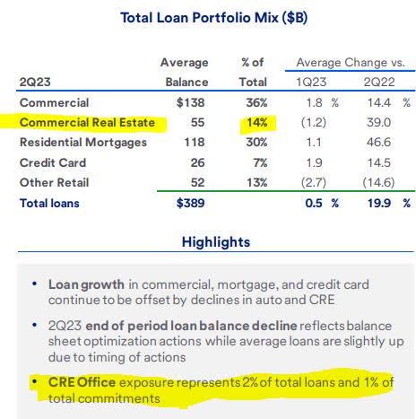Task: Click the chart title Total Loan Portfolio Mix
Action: (207, 19)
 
